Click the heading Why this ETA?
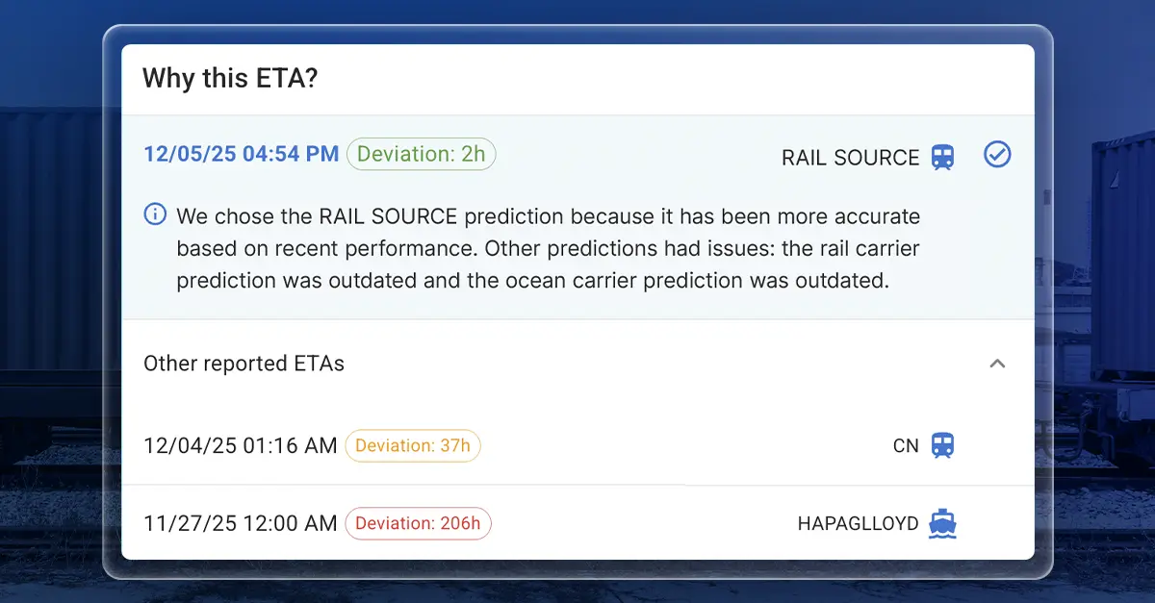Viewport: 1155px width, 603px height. coord(230,79)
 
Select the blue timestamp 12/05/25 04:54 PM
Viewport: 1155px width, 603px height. coord(241,154)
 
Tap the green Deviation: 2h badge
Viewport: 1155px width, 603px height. coord(421,154)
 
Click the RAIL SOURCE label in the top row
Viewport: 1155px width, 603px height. coord(850,158)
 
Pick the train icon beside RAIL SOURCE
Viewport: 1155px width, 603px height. coord(943,158)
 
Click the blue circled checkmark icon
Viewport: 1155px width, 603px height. coord(997,155)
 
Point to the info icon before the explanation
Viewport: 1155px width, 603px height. coord(155,214)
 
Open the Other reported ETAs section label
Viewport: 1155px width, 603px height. coord(244,364)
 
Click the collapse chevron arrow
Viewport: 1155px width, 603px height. coord(997,364)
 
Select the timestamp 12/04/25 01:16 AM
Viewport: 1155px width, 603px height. coord(241,445)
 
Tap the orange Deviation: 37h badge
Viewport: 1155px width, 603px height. coord(412,445)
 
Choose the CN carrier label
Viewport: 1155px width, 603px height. coord(906,446)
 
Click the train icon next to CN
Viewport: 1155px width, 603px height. coord(943,445)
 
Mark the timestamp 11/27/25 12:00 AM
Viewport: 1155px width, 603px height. coord(241,523)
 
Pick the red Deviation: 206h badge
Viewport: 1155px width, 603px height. coord(418,523)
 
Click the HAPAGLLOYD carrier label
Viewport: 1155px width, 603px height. coord(858,524)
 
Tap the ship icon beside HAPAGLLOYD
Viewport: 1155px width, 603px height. coord(943,524)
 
